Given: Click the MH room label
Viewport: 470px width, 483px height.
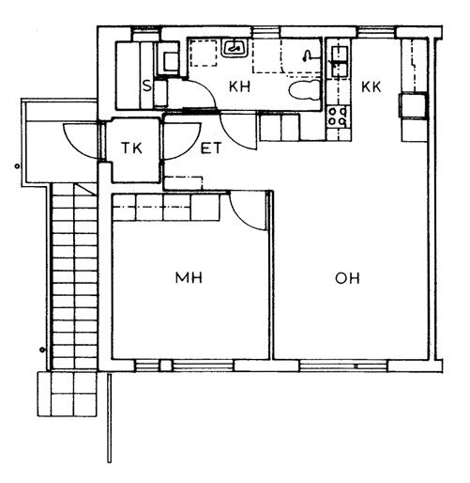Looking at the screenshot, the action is click(x=189, y=278).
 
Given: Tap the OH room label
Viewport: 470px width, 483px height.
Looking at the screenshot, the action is click(x=347, y=278).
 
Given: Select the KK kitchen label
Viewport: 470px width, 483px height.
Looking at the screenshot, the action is click(x=371, y=87).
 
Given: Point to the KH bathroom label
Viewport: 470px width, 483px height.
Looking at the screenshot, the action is click(x=239, y=86).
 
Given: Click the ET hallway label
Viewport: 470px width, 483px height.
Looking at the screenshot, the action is click(x=211, y=148).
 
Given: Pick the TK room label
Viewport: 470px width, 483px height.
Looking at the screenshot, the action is click(x=131, y=148).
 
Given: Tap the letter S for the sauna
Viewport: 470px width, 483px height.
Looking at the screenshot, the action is click(x=146, y=86).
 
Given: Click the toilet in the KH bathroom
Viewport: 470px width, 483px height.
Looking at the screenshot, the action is click(x=305, y=90).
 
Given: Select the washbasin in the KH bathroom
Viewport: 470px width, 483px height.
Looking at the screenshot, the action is click(x=235, y=48).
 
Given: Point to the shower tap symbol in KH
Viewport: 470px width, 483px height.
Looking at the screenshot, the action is click(x=308, y=55).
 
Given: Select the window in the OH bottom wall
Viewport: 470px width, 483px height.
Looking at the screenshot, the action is click(x=343, y=366).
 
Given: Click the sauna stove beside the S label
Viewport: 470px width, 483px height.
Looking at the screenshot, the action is click(x=160, y=94).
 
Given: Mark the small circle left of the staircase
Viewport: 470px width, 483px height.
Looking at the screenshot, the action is click(x=42, y=350).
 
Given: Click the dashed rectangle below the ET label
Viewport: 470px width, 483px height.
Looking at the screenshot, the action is click(x=183, y=183).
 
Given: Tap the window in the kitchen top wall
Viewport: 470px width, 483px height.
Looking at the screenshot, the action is click(x=376, y=32).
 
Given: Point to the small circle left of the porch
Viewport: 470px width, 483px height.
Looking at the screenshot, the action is click(x=17, y=166).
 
